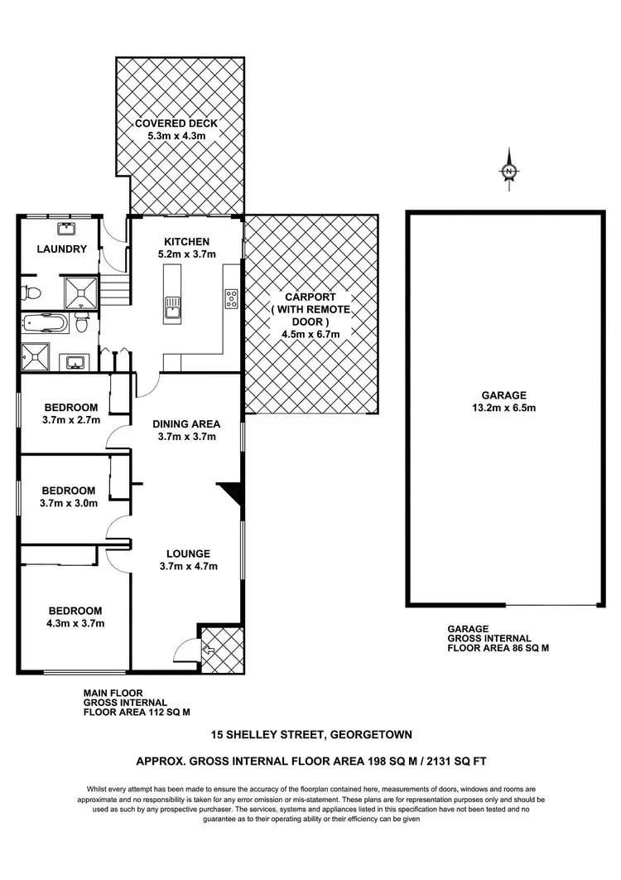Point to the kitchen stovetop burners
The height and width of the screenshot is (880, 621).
(x=232, y=298)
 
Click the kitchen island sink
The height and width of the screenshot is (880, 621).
(x=173, y=308)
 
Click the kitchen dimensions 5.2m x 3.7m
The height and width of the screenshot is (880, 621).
(x=185, y=254)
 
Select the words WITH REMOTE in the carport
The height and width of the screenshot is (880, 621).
(x=309, y=310)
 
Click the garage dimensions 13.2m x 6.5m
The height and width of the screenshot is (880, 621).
(x=504, y=408)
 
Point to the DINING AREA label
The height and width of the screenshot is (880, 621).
(x=185, y=423)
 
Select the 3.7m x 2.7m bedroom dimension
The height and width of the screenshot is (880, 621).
(x=71, y=419)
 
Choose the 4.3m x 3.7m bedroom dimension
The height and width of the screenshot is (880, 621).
(x=75, y=623)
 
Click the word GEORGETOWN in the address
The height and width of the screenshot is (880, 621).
(x=373, y=734)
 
